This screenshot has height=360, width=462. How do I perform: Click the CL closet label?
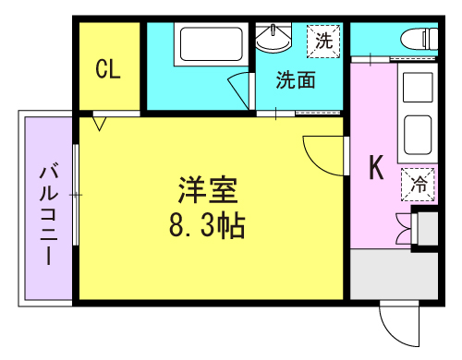click(108, 69)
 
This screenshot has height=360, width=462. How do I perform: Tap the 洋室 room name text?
click(208, 190)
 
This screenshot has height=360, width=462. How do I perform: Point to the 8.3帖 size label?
click(207, 226)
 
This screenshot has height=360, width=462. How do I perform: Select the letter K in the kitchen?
click(376, 167)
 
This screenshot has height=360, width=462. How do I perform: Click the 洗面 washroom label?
click(296, 80)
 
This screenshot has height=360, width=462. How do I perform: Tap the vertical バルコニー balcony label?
click(49, 215)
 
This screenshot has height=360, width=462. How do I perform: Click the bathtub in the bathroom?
click(212, 44)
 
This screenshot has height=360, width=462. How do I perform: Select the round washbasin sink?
click(274, 38)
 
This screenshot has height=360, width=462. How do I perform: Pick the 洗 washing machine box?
click(323, 42)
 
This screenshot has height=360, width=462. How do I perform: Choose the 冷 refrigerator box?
click(418, 185)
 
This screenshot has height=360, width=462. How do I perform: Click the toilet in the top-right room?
click(419, 39)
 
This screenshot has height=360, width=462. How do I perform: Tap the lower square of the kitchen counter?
click(418, 135)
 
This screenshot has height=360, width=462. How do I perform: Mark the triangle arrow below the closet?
click(100, 124)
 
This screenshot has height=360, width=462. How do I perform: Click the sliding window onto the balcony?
click(76, 195)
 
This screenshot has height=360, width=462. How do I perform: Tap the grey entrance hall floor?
click(394, 274)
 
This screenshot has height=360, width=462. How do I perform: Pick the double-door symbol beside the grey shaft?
click(404, 228)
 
